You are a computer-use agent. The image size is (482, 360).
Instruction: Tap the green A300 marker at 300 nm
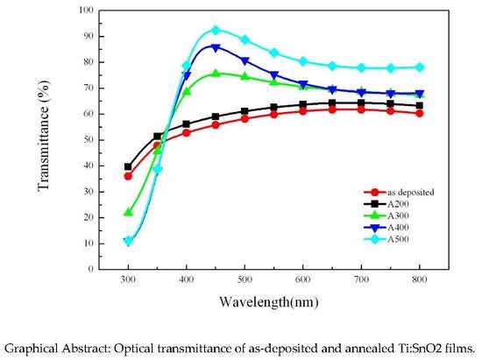pyautogui.click(x=128, y=212)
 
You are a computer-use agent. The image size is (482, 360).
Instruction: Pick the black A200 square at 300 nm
pyautogui.click(x=128, y=166)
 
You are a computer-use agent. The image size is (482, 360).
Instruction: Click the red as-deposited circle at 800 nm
pyautogui.click(x=420, y=113)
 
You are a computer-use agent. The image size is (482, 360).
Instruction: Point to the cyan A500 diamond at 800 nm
pyautogui.click(x=420, y=67)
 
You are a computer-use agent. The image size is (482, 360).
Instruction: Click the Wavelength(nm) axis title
pyautogui.click(x=273, y=301)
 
